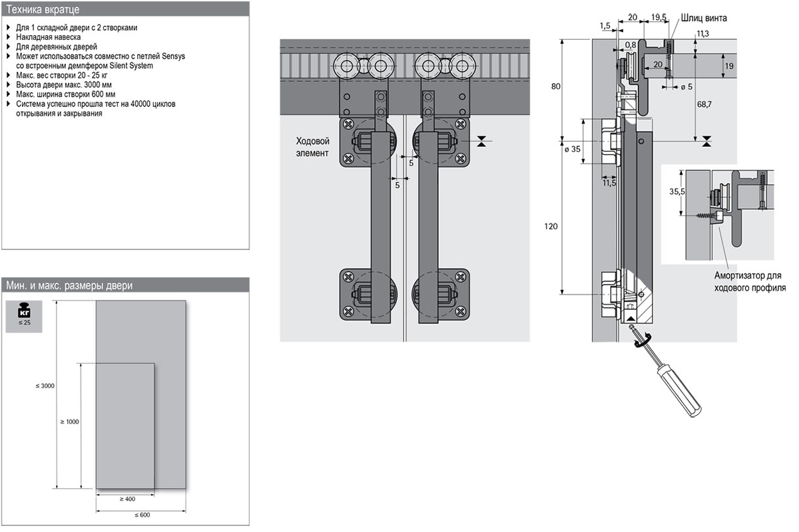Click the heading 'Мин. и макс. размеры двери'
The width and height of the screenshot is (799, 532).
(x=69, y=286)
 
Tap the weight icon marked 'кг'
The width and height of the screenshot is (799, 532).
(x=23, y=311)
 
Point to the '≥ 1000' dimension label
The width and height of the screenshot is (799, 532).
(x=69, y=422)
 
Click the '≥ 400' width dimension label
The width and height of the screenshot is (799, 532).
(x=127, y=499)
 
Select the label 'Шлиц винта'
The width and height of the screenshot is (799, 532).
(x=704, y=18)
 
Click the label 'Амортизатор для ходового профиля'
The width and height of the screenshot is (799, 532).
(x=750, y=282)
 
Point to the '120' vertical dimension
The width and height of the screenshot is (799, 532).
(x=551, y=226)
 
